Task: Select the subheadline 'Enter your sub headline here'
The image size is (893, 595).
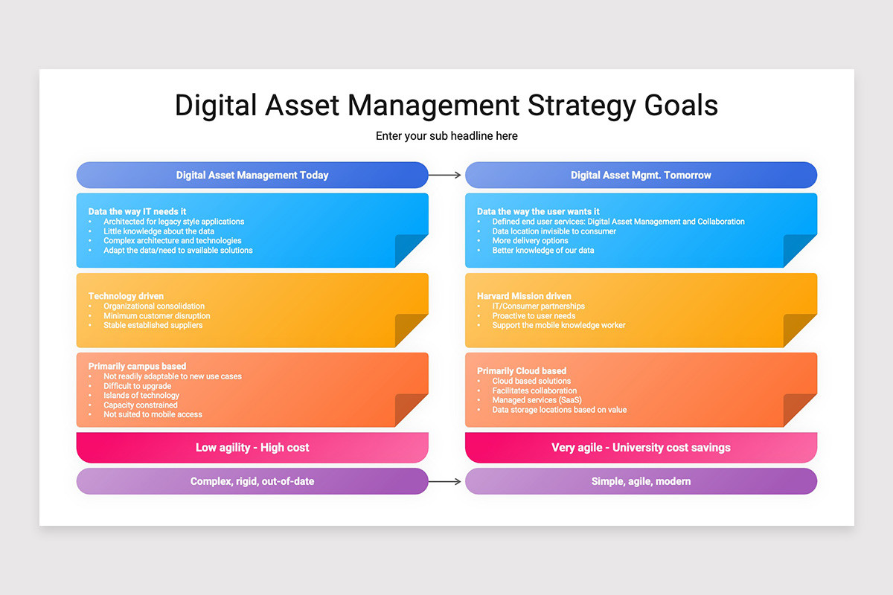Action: click(x=446, y=136)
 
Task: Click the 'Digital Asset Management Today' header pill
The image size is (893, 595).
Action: click(x=252, y=176)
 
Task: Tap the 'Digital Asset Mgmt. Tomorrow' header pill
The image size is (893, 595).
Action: click(x=641, y=176)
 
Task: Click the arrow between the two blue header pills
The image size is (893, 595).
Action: click(x=446, y=176)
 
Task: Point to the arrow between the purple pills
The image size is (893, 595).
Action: click(x=446, y=482)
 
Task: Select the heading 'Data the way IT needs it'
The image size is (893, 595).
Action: click(x=137, y=212)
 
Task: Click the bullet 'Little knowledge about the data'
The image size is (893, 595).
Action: click(x=159, y=231)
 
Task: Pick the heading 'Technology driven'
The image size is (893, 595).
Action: click(x=126, y=296)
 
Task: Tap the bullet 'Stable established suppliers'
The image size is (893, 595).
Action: click(x=153, y=325)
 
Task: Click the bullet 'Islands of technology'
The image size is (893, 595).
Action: click(x=141, y=396)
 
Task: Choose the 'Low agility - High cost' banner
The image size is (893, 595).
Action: click(x=252, y=448)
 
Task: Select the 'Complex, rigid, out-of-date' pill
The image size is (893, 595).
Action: click(x=252, y=482)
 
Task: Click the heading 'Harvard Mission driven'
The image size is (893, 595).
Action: click(x=524, y=296)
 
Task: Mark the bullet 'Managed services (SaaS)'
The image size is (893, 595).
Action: click(x=537, y=400)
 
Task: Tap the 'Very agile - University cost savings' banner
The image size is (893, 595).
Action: click(x=641, y=448)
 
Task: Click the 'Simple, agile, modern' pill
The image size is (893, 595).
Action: click(x=641, y=482)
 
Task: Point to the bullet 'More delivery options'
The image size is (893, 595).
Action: click(x=530, y=241)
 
